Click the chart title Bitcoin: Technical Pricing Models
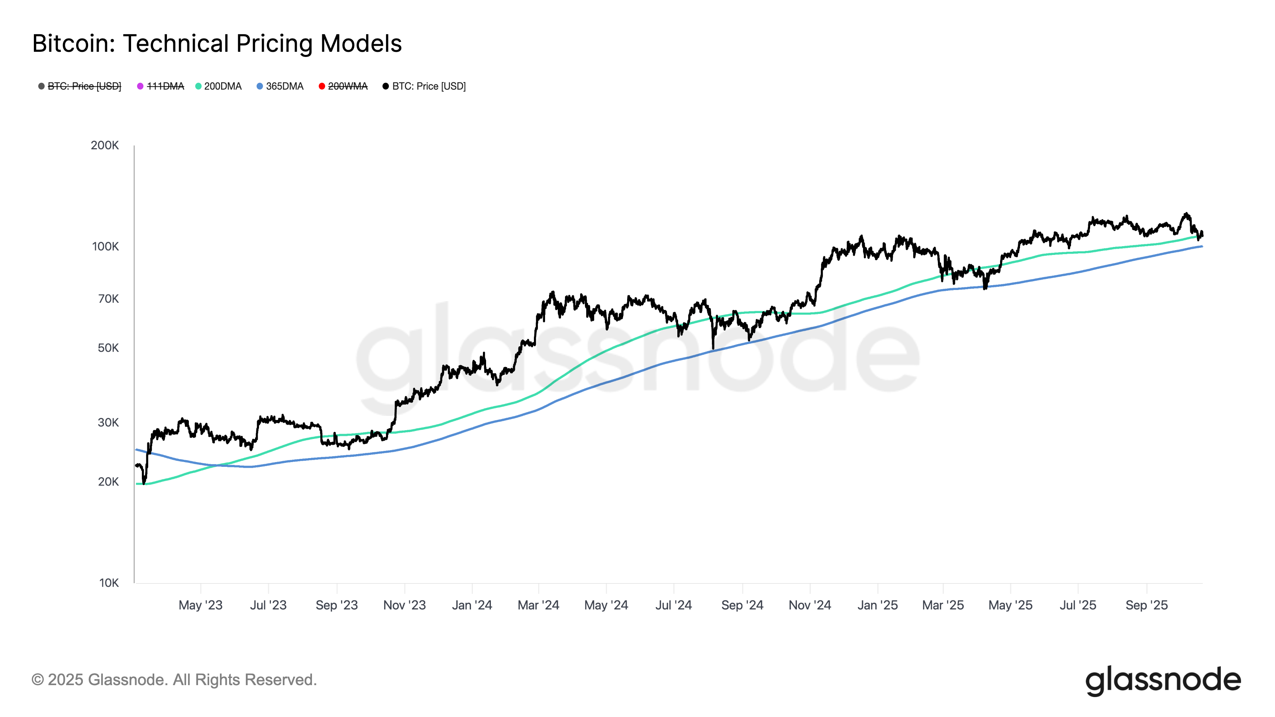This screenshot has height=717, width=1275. (217, 43)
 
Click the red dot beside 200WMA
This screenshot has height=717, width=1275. (322, 86)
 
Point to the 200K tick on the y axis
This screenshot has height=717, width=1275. (105, 145)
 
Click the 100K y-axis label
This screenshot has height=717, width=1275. (106, 247)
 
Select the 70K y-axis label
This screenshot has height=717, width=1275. (108, 299)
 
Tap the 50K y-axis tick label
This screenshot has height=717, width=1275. (108, 348)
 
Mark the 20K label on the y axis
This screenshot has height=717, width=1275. (108, 482)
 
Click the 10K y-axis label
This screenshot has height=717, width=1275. (109, 583)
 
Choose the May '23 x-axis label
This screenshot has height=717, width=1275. (200, 605)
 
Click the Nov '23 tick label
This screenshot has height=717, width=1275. (404, 605)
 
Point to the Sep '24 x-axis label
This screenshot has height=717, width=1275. (742, 605)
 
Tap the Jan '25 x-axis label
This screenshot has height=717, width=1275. (877, 605)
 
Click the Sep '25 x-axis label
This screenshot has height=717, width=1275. (1146, 605)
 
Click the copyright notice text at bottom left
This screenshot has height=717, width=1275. (174, 680)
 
